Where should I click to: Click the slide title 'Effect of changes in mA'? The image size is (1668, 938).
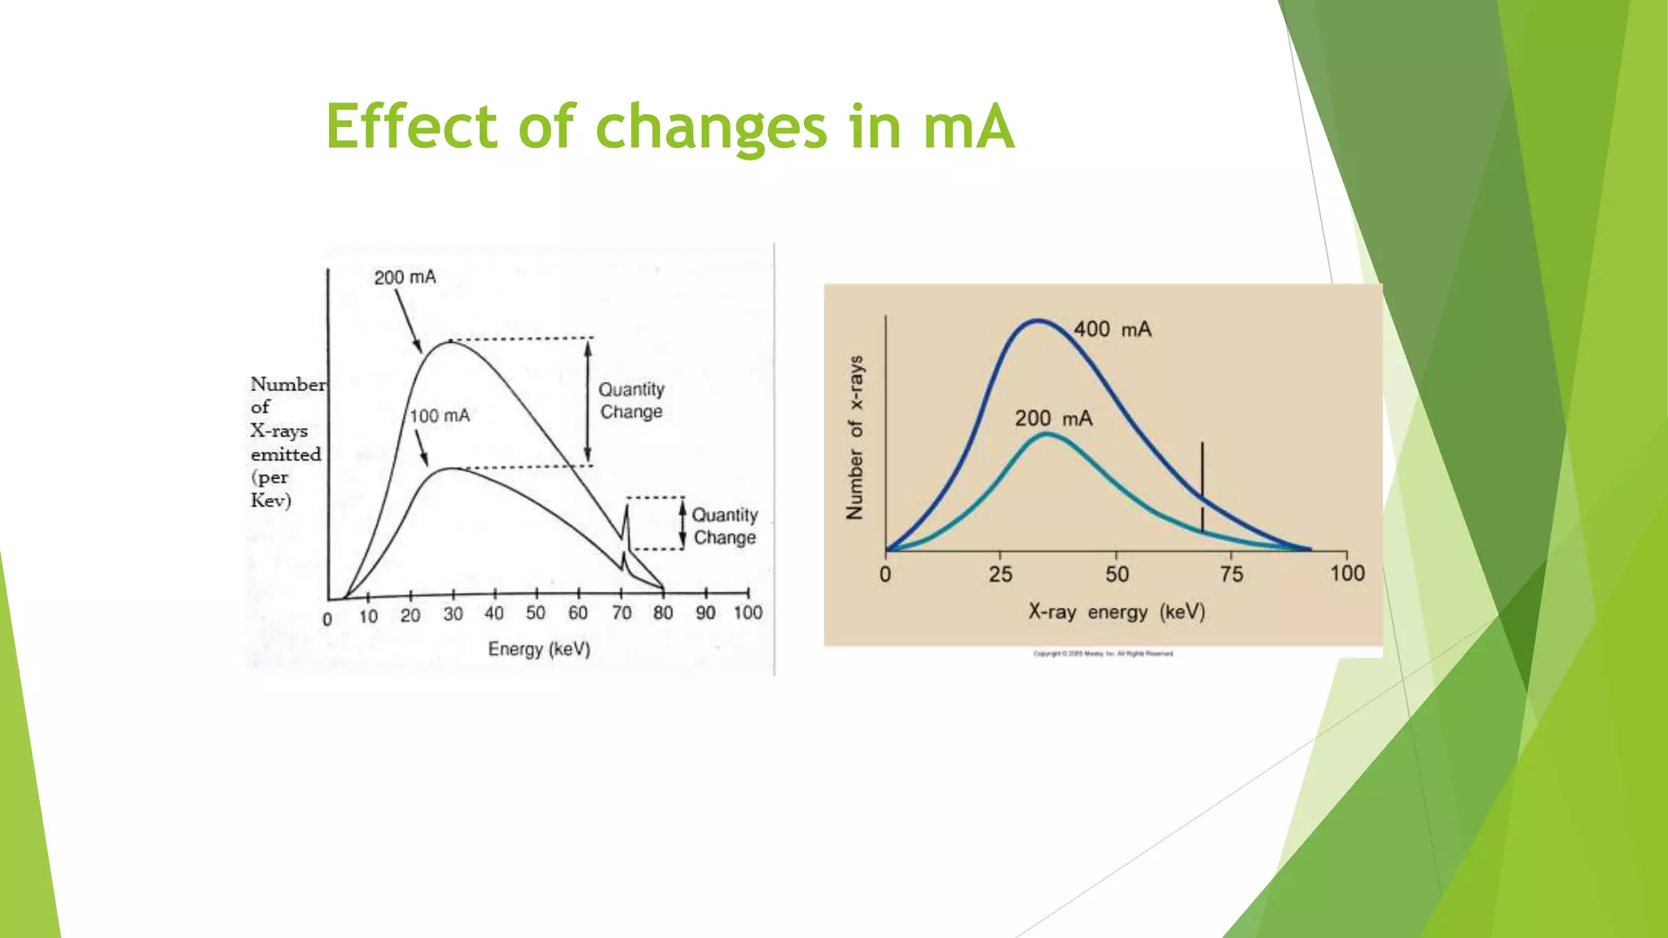[669, 128]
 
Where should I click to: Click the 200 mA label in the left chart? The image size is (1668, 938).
[405, 278]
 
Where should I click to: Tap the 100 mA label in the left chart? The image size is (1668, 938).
[440, 416]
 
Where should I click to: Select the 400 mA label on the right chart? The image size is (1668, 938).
[1112, 330]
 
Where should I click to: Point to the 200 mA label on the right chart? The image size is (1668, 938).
[1053, 419]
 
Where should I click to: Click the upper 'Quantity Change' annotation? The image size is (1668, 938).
[631, 401]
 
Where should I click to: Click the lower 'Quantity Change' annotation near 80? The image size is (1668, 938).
[724, 526]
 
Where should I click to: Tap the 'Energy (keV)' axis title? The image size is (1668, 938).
[539, 649]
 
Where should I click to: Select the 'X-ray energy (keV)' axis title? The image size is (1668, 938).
[1116, 611]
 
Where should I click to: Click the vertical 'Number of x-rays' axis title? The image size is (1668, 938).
[854, 437]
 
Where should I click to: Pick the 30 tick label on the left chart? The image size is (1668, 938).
[453, 615]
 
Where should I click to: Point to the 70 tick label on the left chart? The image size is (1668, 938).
[621, 613]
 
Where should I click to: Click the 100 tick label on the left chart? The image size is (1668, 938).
[748, 613]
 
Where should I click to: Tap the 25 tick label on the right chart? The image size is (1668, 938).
[1000, 575]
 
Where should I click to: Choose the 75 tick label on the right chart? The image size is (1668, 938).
[1231, 575]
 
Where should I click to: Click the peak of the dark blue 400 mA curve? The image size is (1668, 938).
[1038, 321]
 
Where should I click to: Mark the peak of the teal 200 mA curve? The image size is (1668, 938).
[1047, 435]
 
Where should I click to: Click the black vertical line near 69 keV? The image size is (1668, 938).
[1202, 487]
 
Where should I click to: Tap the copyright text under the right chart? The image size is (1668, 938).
[1103, 654]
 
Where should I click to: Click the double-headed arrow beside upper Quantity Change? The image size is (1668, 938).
[588, 401]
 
